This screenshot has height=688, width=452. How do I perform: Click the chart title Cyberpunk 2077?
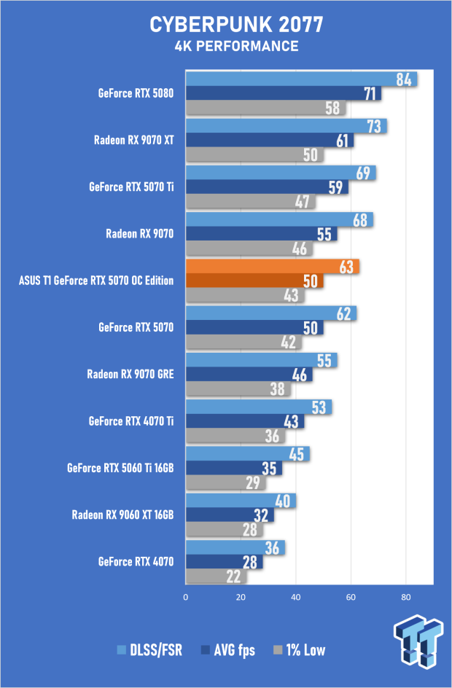tap(236, 25)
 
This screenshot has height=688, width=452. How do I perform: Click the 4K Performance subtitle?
tap(236, 46)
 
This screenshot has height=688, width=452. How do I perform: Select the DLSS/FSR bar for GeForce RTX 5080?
tap(301, 79)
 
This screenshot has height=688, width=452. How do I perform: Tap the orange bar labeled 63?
tap(273, 266)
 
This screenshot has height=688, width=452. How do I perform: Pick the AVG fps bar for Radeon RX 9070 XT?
tap(270, 140)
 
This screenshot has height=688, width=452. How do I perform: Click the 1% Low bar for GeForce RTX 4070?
tap(216, 576)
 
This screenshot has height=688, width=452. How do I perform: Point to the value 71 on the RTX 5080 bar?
tap(370, 93)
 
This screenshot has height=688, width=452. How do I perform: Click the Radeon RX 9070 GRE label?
tap(130, 375)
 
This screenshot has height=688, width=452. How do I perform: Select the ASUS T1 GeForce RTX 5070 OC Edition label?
tap(96, 281)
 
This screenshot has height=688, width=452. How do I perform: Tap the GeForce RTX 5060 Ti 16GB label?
tap(120, 468)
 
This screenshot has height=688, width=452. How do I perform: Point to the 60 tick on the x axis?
tap(351, 597)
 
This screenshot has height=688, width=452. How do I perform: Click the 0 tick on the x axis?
tap(186, 597)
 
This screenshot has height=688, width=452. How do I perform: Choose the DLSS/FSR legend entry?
tap(149, 650)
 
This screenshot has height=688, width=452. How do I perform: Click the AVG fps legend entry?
tap(227, 650)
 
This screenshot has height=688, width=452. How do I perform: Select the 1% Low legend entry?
tap(300, 650)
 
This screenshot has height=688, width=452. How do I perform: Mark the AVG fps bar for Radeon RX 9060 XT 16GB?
tap(230, 515)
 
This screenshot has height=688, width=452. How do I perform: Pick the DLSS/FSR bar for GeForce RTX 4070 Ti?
tap(259, 407)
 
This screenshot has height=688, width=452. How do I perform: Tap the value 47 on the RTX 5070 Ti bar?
tap(302, 201)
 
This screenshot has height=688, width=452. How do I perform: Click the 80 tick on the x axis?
tap(406, 597)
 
